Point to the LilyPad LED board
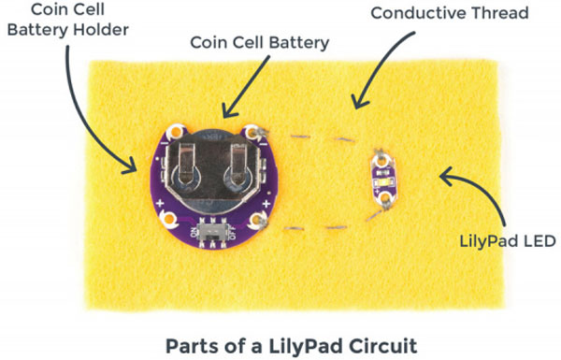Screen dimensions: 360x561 coord(381,177)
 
